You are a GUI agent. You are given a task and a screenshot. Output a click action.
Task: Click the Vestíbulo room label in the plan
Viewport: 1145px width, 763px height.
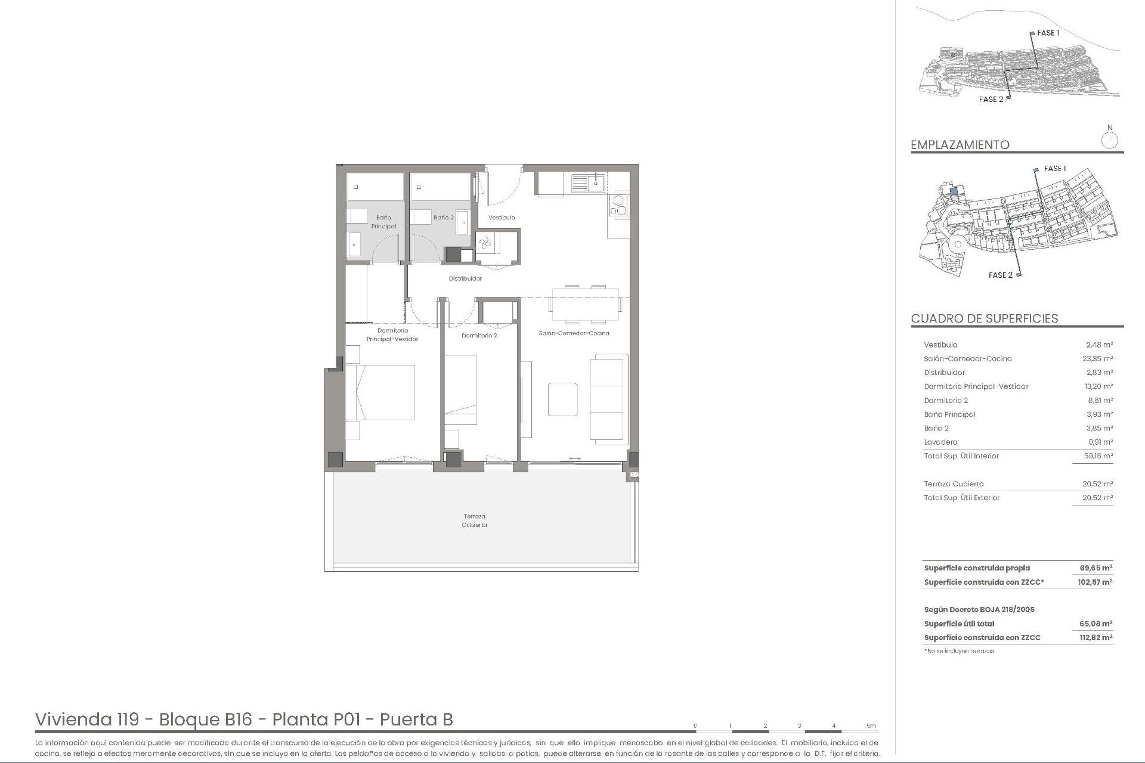(502, 218)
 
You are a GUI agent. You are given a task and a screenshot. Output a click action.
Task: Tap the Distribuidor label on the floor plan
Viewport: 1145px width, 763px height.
(465, 278)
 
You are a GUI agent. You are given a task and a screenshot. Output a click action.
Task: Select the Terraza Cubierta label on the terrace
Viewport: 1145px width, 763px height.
(475, 520)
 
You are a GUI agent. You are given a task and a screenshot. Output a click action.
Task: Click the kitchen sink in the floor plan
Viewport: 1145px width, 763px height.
(596, 182)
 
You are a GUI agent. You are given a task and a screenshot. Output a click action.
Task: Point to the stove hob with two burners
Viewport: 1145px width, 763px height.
(618, 205)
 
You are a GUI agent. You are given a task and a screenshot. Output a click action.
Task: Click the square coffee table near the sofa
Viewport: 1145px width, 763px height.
(563, 399)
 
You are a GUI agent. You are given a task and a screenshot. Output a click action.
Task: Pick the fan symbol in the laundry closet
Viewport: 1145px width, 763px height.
(484, 242)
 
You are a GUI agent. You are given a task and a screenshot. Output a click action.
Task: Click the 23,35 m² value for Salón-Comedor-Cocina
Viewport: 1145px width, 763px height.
(1097, 359)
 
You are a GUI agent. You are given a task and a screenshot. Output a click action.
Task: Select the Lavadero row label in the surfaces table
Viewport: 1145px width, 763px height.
(940, 442)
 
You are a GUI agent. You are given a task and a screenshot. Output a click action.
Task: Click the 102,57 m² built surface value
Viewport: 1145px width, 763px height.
(1095, 582)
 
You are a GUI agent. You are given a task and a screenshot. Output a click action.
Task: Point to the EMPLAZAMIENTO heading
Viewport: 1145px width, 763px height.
(960, 145)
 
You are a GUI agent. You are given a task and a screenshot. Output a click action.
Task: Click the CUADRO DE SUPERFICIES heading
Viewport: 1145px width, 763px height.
(985, 318)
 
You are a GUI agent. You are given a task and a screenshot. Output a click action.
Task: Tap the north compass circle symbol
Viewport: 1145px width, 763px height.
(1110, 141)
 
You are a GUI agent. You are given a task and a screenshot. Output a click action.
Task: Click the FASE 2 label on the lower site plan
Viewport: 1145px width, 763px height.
(1000, 275)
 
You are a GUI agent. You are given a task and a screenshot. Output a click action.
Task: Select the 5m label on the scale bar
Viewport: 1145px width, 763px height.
(871, 725)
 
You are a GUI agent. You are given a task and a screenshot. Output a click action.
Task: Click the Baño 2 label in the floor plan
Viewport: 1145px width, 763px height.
(443, 218)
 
